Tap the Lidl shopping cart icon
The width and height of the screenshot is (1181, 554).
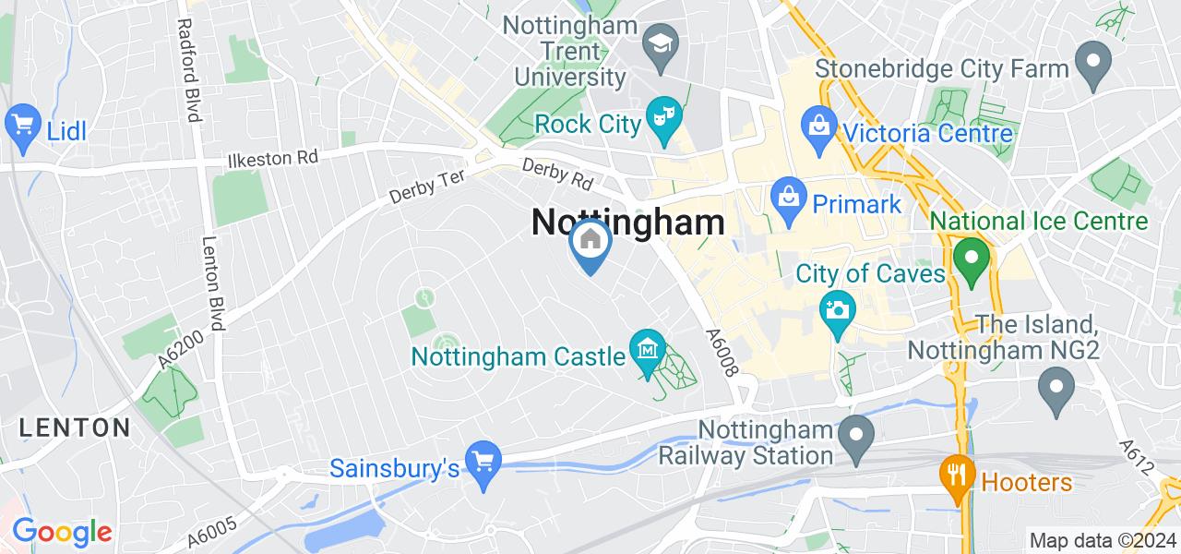coord(20,123)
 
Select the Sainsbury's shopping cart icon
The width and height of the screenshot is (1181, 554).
coord(483,457)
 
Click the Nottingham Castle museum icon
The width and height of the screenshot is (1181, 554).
coord(648,350)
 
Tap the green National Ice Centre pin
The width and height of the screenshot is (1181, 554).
coord(971,256)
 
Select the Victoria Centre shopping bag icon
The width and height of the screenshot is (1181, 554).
coord(818,123)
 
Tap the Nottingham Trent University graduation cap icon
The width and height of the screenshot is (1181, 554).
coord(661,42)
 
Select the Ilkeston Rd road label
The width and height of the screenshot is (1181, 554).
coord(272,159)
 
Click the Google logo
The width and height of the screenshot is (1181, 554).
coord(62,532)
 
